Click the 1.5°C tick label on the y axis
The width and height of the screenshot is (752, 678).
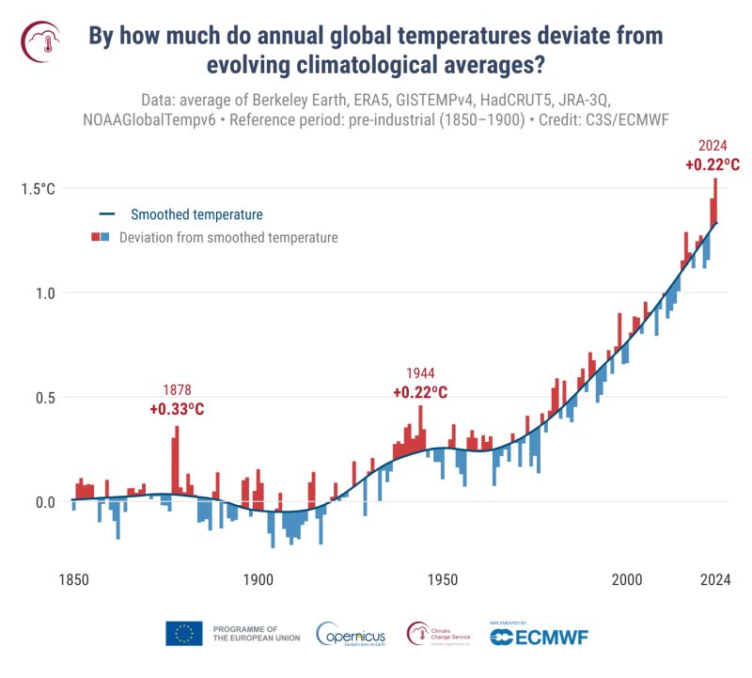[x=38, y=188]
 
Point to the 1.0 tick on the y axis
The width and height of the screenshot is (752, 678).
[x=43, y=292]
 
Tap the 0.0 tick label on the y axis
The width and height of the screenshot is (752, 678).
[x=43, y=501]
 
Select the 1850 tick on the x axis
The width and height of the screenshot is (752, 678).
[x=73, y=579]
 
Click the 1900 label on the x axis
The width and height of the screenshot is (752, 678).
[x=258, y=579]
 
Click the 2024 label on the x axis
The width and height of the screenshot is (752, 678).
[x=713, y=579]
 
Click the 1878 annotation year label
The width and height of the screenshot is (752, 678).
[x=177, y=390]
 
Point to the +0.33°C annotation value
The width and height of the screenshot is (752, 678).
[x=177, y=409]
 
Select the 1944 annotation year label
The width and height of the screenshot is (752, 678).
[x=420, y=373]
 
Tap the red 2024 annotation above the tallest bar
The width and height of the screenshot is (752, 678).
[x=713, y=146]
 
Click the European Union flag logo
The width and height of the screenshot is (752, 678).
[x=184, y=634]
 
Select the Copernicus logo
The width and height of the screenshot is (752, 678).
[x=349, y=635]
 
